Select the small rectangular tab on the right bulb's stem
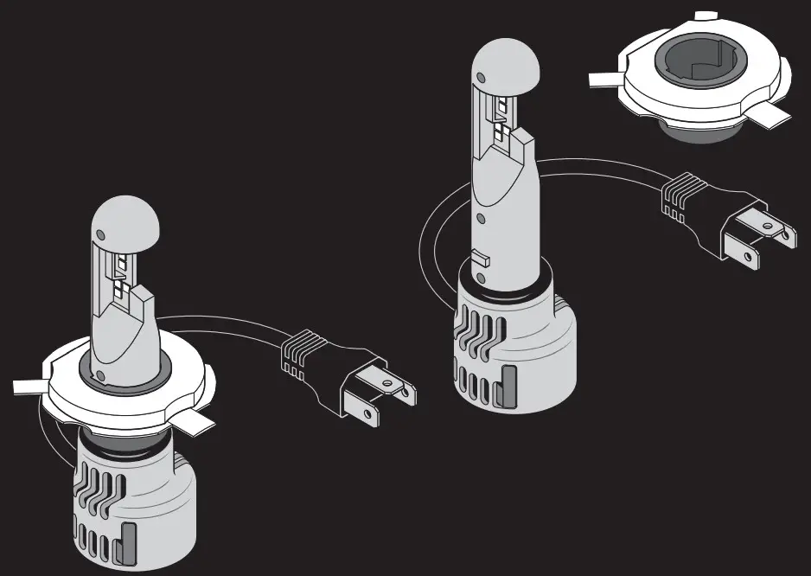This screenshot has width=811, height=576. click(x=482, y=257)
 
